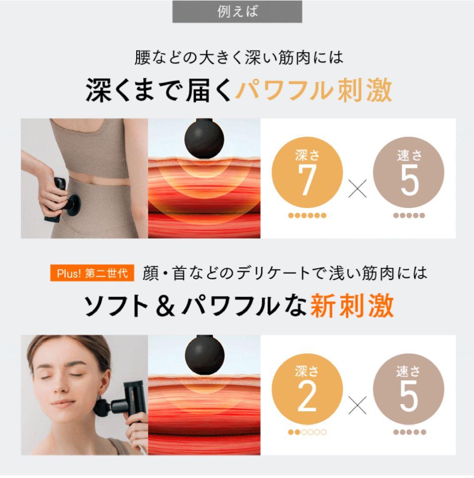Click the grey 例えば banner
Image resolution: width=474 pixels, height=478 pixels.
[x=237, y=12]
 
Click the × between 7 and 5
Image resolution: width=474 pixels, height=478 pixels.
[x=357, y=190]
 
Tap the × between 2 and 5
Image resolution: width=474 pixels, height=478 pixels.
[x=357, y=406]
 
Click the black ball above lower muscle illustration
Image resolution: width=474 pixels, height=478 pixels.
[x=204, y=354]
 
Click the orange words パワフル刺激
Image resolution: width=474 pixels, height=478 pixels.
[x=313, y=91]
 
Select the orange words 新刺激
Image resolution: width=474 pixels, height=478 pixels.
[x=352, y=307]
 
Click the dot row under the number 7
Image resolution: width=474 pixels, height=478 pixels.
[x=307, y=216]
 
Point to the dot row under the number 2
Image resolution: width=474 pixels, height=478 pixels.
[x=307, y=432]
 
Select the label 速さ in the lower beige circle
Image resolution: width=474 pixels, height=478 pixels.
[x=409, y=372]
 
